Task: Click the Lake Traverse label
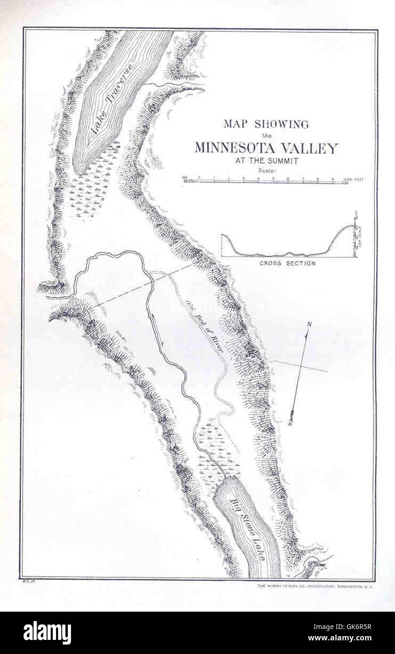pos(113,99)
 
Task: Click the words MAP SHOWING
pos(266,124)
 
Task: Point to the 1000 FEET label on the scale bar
pos(354,179)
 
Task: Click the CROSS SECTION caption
pos(287,263)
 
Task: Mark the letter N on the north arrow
pos(309,324)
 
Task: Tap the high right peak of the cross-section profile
pos(350,226)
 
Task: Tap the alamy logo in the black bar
pos(47,633)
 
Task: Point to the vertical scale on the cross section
pos(357,234)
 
